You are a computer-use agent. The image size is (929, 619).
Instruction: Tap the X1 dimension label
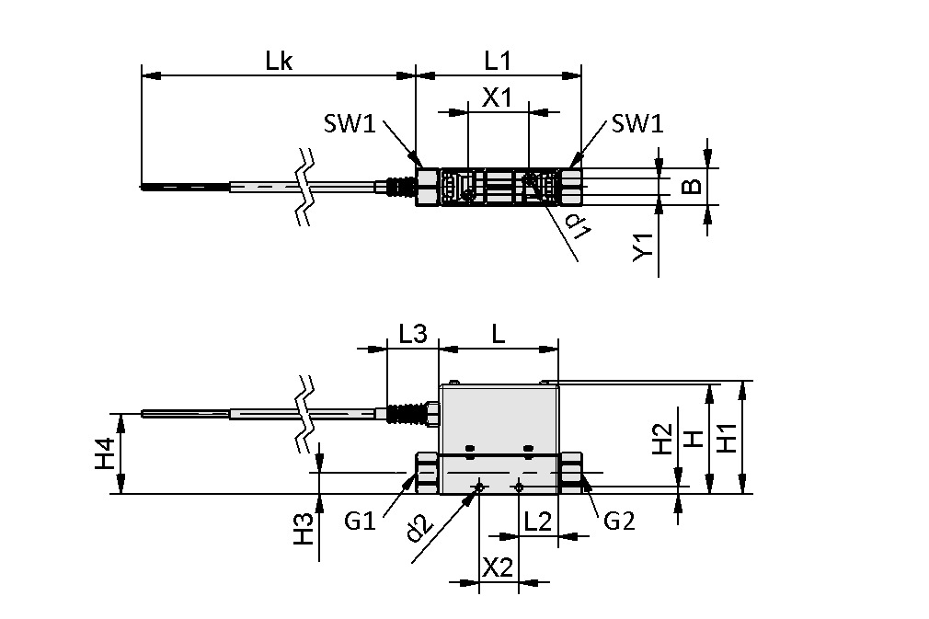[498, 97]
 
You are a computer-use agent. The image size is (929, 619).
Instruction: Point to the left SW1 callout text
[350, 123]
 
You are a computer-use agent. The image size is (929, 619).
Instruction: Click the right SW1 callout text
[637, 123]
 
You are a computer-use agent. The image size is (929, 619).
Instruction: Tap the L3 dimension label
[413, 335]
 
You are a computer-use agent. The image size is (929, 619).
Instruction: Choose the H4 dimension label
[106, 454]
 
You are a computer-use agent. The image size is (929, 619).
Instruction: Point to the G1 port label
[361, 522]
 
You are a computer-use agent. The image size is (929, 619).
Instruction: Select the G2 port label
[620, 522]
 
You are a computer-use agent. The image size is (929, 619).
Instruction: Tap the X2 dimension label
[498, 568]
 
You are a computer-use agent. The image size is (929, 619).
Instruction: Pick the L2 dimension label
[537, 522]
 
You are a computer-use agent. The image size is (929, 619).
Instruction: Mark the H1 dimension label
[727, 437]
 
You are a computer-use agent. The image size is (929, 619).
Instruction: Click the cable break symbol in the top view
[305, 187]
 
